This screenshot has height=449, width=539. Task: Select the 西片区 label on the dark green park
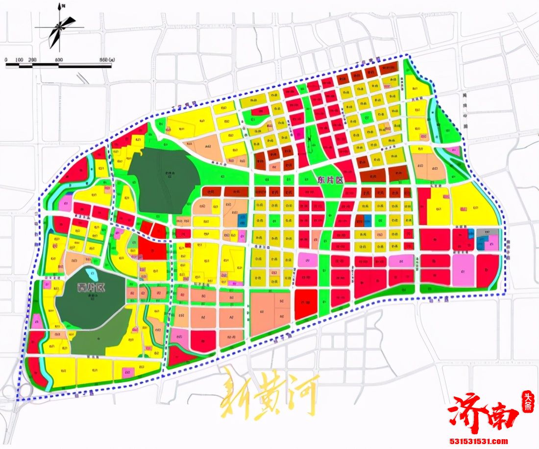[x=88, y=288]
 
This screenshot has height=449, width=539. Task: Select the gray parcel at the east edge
[x=487, y=232]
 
